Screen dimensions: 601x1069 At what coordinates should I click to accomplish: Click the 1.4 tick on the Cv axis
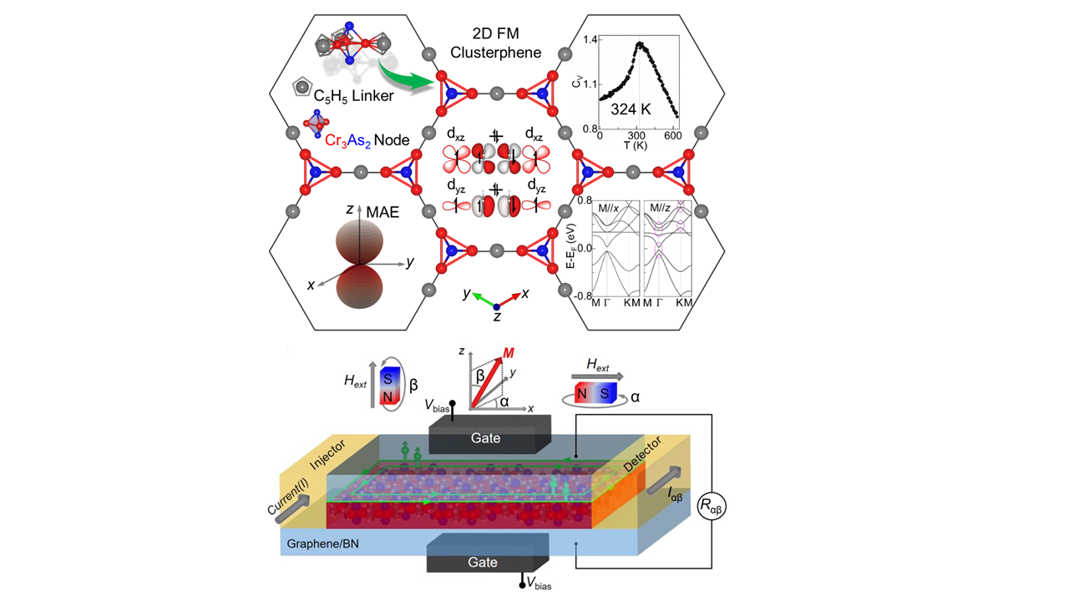(x=590, y=39)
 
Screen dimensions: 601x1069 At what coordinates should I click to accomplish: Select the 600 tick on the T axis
(x=672, y=136)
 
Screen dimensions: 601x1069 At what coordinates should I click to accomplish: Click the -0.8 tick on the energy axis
(x=581, y=294)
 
